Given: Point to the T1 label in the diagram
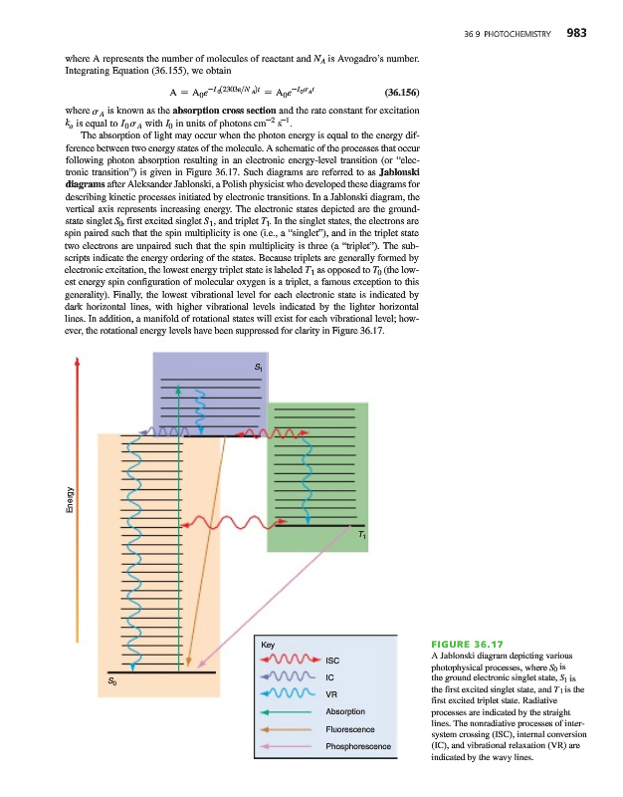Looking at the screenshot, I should click(362, 536).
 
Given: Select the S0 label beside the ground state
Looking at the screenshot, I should click(113, 681).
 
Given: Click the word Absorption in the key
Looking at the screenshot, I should click(345, 711).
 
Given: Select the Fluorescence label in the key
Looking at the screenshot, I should click(349, 729).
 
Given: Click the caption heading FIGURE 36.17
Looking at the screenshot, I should click(468, 645).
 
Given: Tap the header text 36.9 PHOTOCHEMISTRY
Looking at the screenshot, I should click(508, 35).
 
